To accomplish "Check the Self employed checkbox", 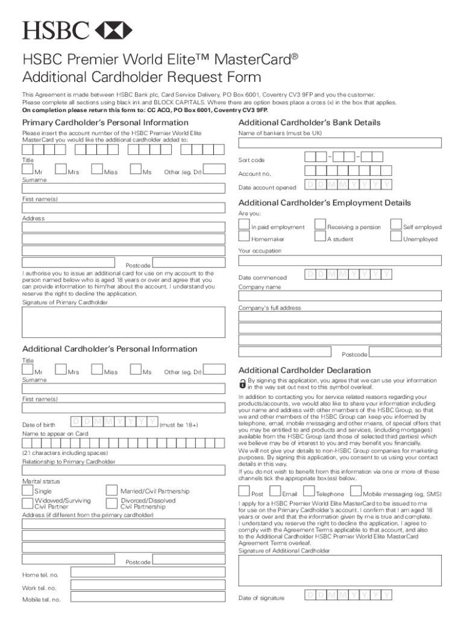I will pyautogui.click(x=396, y=224).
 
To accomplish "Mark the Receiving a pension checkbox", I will pyautogui.click(x=320, y=224).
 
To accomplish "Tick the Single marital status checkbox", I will pyautogui.click(x=28, y=490).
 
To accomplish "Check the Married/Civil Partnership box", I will pyautogui.click(x=111, y=490).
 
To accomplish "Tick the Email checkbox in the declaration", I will pyautogui.click(x=277, y=492).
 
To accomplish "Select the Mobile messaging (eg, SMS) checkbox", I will pyautogui.click(x=356, y=492).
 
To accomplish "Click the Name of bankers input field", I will pyautogui.click(x=340, y=143).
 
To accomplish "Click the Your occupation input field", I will pyautogui.click(x=340, y=260).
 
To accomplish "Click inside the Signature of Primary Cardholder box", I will pyautogui.click(x=124, y=322).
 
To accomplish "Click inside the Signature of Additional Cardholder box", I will pyautogui.click(x=340, y=570).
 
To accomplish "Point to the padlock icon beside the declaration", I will pyautogui.click(x=242, y=383).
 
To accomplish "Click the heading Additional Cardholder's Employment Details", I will pyautogui.click(x=325, y=203).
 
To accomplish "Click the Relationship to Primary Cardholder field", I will pyautogui.click(x=124, y=471).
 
